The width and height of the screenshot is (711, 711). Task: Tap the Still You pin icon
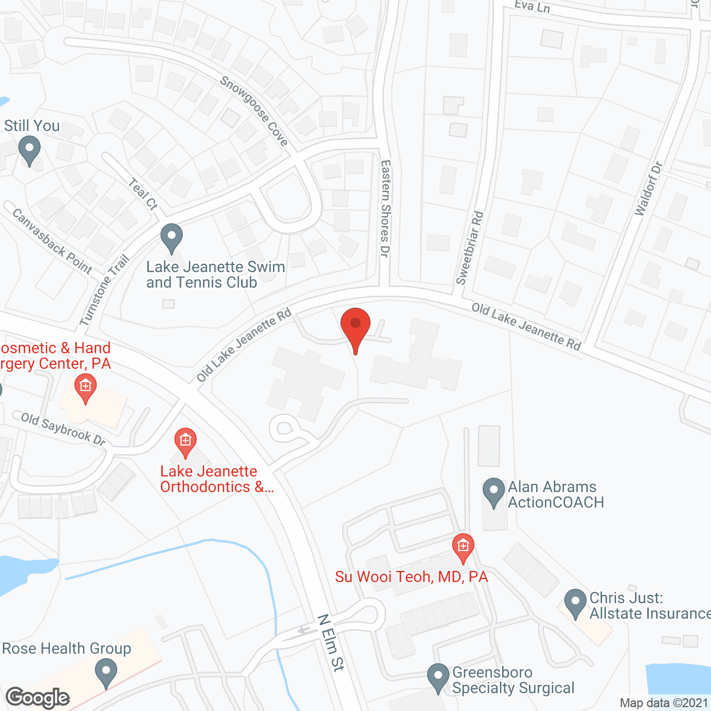(29, 150)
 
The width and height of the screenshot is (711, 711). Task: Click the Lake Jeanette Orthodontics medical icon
(186, 442)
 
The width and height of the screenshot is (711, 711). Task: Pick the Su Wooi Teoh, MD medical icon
(463, 547)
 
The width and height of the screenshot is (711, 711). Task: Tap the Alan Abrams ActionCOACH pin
(493, 492)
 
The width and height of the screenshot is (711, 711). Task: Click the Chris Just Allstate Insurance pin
(575, 603)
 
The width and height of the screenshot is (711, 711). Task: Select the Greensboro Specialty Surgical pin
(438, 677)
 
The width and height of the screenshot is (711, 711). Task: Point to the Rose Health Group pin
(106, 672)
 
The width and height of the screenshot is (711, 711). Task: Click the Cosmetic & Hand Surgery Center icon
(86, 386)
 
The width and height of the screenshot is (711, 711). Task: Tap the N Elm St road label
(331, 642)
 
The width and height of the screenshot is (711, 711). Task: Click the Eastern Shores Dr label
(385, 208)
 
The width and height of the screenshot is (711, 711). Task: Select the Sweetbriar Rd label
(470, 248)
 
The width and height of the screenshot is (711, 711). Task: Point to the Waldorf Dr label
(649, 189)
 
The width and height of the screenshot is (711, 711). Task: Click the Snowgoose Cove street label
(254, 111)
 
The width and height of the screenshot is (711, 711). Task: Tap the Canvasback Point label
(52, 241)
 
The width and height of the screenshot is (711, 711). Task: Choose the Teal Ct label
(143, 194)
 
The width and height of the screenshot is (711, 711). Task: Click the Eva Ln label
(532, 7)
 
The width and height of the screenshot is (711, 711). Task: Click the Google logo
(38, 698)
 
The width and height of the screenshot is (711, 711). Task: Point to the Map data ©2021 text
(664, 703)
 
